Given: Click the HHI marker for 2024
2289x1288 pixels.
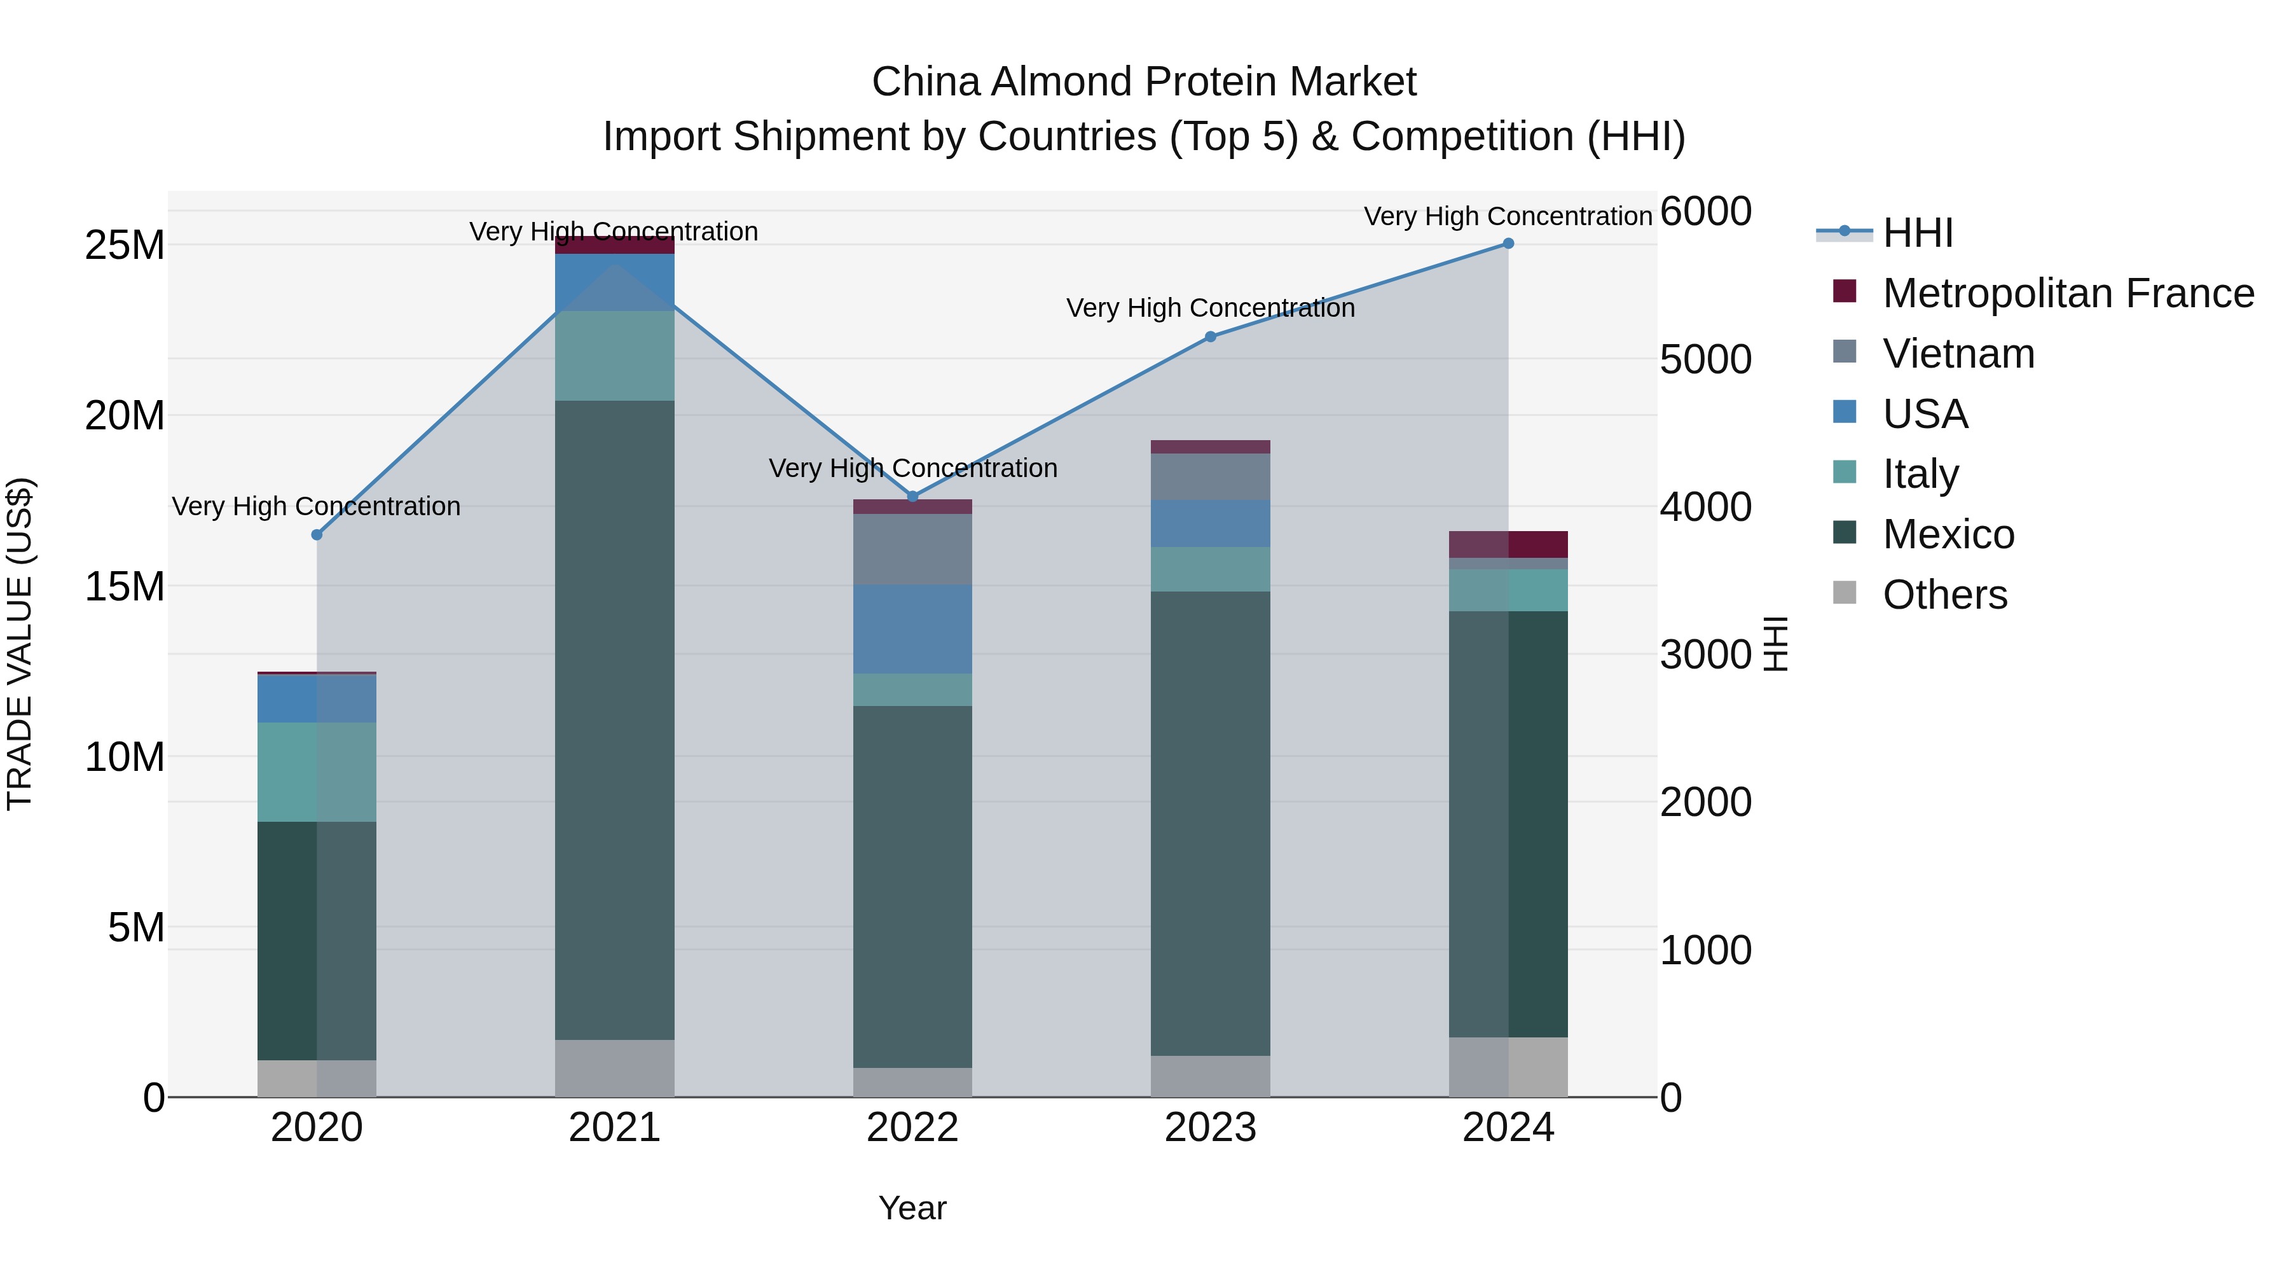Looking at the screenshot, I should [x=1508, y=244].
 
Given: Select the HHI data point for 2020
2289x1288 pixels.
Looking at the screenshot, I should [x=317, y=534].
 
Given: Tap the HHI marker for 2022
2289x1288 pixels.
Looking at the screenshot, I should [x=912, y=497].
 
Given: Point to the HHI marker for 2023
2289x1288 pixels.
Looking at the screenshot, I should [x=1210, y=337].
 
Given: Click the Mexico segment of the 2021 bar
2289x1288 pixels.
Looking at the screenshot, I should [x=614, y=720].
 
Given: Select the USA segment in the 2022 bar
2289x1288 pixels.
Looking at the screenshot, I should [x=912, y=629].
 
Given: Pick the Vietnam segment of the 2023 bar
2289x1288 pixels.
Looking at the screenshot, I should [x=1210, y=476].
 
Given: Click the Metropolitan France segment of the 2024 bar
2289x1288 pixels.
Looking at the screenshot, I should [x=1508, y=544].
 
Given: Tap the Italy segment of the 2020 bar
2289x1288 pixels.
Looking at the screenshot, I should [x=317, y=772].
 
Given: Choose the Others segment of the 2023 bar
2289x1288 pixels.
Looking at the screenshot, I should [x=1210, y=1076].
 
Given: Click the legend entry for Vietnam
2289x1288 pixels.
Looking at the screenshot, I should [x=1958, y=354].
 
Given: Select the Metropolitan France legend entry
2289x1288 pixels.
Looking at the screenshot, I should [x=2067, y=293].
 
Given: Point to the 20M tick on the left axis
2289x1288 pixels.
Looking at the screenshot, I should [x=125, y=416].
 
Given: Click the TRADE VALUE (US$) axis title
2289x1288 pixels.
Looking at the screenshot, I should [x=20, y=644].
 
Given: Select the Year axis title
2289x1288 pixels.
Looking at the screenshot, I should [x=912, y=1208].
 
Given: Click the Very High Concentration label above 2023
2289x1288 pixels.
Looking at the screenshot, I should [x=1210, y=308].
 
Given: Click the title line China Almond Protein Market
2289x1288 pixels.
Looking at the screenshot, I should [x=1144, y=82].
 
